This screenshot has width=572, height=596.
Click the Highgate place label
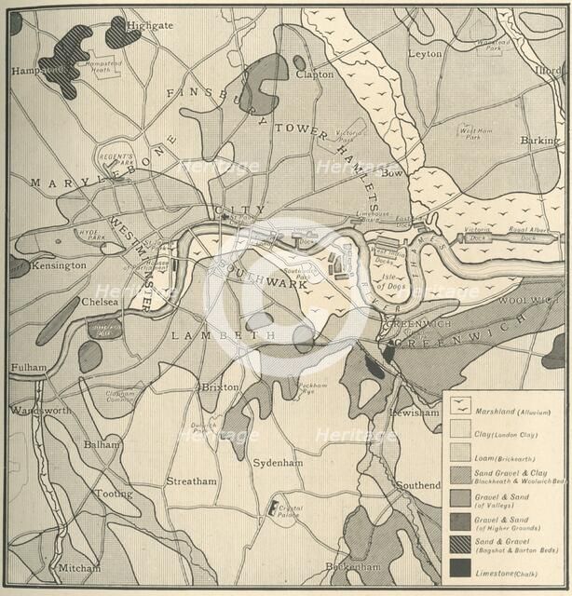(150, 24)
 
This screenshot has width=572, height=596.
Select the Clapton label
(314, 74)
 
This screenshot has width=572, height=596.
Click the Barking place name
(540, 141)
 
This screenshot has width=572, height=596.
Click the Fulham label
(29, 368)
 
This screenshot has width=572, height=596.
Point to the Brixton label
(220, 386)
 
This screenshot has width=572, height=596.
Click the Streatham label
(191, 481)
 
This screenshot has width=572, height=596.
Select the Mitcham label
(79, 567)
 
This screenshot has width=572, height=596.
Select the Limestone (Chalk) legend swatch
(460, 565)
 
